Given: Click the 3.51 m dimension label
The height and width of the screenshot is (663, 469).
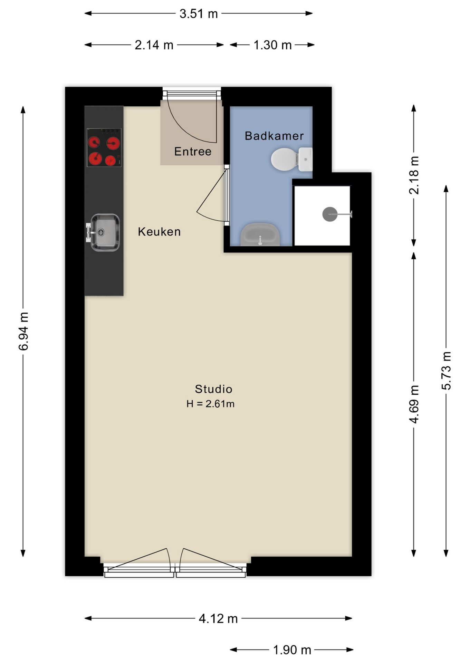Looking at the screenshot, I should [x=199, y=14].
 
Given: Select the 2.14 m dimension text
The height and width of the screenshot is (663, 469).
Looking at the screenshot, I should [x=154, y=45].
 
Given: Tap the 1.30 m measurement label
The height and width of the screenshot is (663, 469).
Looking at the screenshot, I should [x=272, y=45].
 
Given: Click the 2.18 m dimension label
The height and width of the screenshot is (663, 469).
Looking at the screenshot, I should [x=414, y=175].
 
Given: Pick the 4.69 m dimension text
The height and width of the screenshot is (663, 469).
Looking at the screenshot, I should [x=414, y=404].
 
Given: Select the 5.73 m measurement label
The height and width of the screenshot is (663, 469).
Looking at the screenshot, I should [x=446, y=371].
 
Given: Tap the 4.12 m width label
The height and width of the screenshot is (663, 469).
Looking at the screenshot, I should [x=218, y=618].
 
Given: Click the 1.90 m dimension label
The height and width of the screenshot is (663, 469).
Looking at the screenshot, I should [x=292, y=650].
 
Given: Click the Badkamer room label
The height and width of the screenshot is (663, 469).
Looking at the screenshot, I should [x=274, y=136].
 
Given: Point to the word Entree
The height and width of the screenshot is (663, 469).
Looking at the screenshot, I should [x=193, y=152].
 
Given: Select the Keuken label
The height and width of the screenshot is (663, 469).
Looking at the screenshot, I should [x=159, y=232].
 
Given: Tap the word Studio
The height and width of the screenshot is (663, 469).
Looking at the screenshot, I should [x=213, y=389].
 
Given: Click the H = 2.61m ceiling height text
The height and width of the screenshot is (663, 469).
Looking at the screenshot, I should [x=210, y=404].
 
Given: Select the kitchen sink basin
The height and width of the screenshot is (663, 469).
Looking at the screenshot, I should [x=105, y=232].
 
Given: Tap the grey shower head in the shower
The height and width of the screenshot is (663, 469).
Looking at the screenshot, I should [x=329, y=214].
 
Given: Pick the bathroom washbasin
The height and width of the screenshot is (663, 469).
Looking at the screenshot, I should [x=260, y=234].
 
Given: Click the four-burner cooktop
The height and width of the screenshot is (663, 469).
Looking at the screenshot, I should [x=104, y=147].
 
